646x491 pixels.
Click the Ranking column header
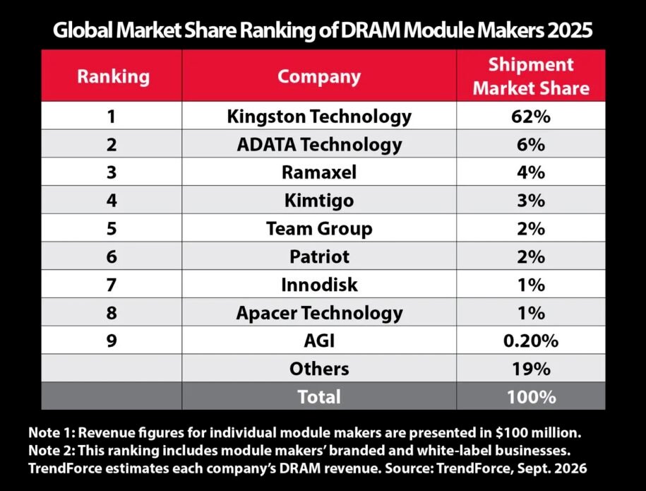click(113, 77)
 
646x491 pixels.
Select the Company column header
click(319, 77)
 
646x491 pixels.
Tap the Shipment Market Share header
click(531, 76)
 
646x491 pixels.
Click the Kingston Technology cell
click(319, 117)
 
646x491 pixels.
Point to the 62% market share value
click(531, 117)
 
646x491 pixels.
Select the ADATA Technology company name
click(319, 145)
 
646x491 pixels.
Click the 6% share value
click(531, 145)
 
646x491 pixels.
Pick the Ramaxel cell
click(319, 172)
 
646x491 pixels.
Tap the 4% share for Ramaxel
click(531, 172)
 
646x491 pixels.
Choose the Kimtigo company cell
click(319, 201)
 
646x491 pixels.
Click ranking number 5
click(112, 228)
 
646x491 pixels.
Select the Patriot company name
click(319, 256)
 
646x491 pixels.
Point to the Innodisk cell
click(319, 285)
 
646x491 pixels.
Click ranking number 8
click(112, 312)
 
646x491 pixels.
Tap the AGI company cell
click(319, 341)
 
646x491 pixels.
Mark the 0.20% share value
click(531, 341)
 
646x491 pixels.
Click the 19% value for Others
click(531, 369)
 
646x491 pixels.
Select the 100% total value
click(531, 396)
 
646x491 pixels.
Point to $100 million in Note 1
click(538, 432)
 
